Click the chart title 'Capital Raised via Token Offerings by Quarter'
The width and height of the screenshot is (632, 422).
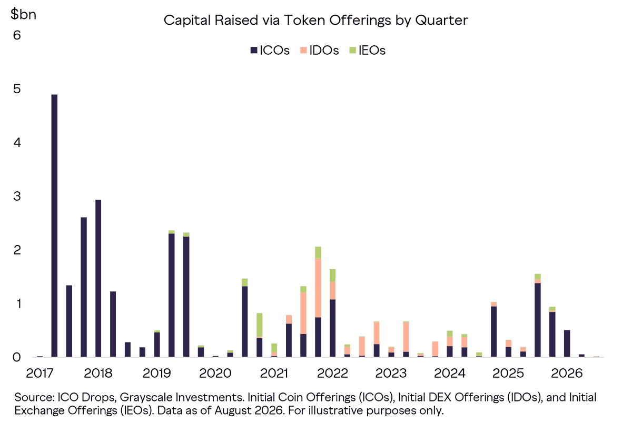315,21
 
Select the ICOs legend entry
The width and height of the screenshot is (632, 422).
270,51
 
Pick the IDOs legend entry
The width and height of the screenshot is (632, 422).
319,51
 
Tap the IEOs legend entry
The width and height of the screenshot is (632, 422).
368,51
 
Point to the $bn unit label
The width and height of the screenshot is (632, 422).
23,14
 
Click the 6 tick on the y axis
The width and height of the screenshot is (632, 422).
17,35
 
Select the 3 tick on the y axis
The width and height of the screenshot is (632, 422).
17,196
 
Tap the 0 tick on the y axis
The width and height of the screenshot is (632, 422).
17,357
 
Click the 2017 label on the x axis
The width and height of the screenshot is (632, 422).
39,374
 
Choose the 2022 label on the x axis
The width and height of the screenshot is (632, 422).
332,374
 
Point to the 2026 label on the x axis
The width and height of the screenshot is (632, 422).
567,374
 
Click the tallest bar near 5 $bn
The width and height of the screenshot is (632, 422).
54,226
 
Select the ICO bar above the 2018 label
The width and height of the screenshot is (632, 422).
98,278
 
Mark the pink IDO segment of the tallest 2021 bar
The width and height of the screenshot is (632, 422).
318,288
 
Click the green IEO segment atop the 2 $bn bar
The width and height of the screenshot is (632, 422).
318,253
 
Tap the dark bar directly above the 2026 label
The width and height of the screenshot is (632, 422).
567,344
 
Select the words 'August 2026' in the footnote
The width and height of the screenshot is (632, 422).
249,410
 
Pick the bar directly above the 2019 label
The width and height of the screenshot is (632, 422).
157,344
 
